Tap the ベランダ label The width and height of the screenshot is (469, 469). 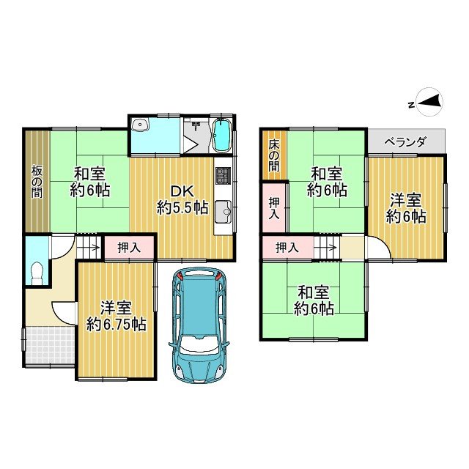[x=405, y=142]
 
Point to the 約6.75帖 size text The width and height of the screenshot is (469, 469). [x=116, y=324]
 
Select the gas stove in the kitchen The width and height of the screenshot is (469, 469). [x=223, y=177]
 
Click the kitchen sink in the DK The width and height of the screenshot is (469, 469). [x=224, y=213]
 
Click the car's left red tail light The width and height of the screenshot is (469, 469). [x=181, y=276]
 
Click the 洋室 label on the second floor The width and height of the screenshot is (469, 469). [x=405, y=199]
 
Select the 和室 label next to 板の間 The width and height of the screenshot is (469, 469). [x=89, y=174]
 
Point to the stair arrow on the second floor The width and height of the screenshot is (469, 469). [x=328, y=248]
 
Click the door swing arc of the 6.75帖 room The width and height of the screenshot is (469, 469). [x=63, y=311]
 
